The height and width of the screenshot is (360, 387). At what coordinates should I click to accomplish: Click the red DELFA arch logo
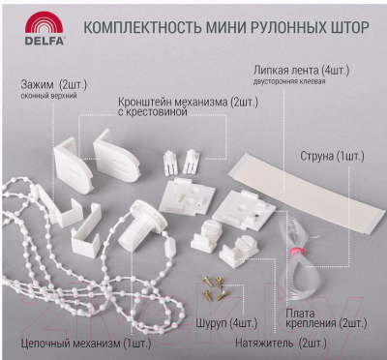44,23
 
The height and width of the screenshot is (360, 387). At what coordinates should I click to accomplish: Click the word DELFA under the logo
45,41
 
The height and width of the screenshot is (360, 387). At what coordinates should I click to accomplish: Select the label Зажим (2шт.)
54,85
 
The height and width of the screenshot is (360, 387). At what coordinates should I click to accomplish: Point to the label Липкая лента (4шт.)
301,71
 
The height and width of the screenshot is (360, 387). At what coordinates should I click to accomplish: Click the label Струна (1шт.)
332,157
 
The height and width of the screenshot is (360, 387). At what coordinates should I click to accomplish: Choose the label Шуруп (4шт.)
226,322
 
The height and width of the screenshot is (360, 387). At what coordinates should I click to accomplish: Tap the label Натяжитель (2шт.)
281,343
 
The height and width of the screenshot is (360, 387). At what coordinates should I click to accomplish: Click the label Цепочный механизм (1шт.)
86,344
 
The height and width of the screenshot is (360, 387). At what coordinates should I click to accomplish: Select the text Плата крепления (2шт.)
326,318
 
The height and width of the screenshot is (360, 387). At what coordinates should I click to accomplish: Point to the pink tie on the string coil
296,251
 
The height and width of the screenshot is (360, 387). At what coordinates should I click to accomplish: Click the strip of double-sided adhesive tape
307,192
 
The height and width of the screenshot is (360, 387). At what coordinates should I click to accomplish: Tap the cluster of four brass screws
215,288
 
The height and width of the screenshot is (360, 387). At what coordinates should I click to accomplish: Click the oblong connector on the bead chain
170,248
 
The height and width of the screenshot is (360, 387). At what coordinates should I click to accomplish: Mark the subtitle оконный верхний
48,96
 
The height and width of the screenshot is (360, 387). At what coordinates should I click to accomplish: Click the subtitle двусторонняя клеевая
289,81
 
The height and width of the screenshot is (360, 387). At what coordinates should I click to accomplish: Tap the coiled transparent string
298,255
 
